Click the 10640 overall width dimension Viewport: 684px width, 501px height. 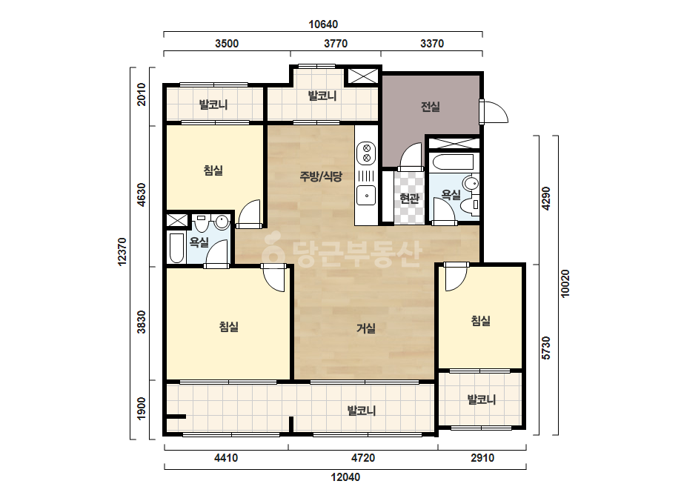pyautogui.click(x=323, y=24)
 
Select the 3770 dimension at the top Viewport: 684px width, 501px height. pyautogui.click(x=336, y=44)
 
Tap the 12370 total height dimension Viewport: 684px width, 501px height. pyautogui.click(x=122, y=251)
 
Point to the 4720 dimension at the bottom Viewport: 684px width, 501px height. pyautogui.click(x=363, y=458)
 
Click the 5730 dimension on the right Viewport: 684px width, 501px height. pyautogui.click(x=546, y=348)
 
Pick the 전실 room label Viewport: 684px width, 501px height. pyautogui.click(x=430, y=107)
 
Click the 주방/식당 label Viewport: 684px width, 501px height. pyautogui.click(x=321, y=176)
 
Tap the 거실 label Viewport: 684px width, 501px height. pyautogui.click(x=366, y=328)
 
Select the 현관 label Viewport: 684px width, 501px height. pyautogui.click(x=409, y=199)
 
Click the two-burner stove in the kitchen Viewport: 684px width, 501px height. pyautogui.click(x=366, y=153)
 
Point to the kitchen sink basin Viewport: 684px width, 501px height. pyautogui.click(x=366, y=195)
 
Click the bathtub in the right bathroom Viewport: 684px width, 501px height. pyautogui.click(x=454, y=162)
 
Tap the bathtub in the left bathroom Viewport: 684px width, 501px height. pyautogui.click(x=176, y=248)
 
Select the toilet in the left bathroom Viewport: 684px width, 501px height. pyautogui.click(x=201, y=223)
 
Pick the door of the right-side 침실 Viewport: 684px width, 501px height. pyautogui.click(x=456, y=276)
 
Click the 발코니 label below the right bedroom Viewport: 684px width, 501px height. pyautogui.click(x=481, y=399)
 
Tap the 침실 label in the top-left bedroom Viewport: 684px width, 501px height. pyautogui.click(x=213, y=170)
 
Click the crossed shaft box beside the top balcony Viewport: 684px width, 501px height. pyautogui.click(x=363, y=76)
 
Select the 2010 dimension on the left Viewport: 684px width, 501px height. pyautogui.click(x=142, y=95)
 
